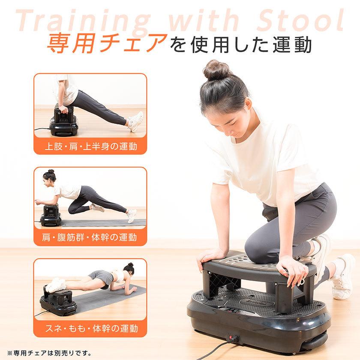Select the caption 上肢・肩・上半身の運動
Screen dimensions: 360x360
tap(91, 147)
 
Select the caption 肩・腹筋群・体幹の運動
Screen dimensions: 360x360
tap(91, 237)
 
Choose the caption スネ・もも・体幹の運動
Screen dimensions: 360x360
tap(91, 329)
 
